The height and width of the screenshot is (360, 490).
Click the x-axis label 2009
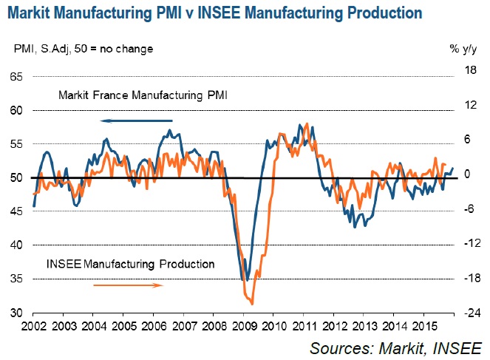[x=243, y=325]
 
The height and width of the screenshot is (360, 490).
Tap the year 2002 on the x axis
[x=34, y=325]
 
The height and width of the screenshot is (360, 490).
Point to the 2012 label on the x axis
[x=333, y=325]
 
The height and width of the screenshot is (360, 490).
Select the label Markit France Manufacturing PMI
[x=144, y=95]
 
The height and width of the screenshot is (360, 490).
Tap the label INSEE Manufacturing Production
[x=131, y=263]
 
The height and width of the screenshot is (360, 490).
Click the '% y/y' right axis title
[x=464, y=49]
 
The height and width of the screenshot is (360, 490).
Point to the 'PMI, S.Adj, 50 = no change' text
[x=84, y=49]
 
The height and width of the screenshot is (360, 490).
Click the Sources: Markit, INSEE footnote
[x=395, y=347]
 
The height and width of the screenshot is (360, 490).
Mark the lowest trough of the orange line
[x=252, y=303]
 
